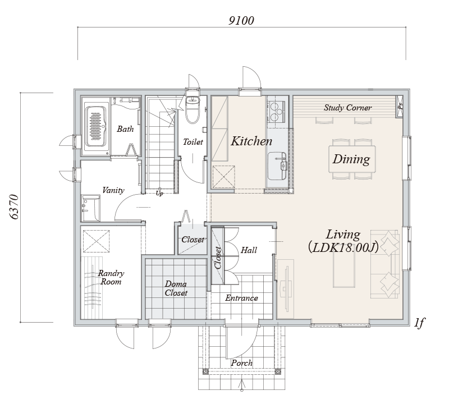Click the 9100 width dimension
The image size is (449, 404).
[x=241, y=21]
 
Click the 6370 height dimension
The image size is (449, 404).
[x=14, y=207]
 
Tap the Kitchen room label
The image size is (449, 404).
[x=251, y=141]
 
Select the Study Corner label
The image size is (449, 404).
[x=347, y=108]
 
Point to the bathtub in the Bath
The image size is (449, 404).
[x=95, y=126]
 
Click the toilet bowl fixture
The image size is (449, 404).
[x=192, y=109]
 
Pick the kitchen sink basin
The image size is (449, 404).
[x=277, y=166]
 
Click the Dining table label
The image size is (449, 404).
[x=351, y=159]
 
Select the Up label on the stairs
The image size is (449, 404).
[x=159, y=193]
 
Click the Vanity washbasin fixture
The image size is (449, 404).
[x=90, y=208]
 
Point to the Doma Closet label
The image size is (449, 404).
[x=176, y=288]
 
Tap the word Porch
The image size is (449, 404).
[x=242, y=363]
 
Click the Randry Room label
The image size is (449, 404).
[x=111, y=277]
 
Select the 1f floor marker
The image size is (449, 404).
[x=419, y=323]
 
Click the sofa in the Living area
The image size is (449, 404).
[x=385, y=264]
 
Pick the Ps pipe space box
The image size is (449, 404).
[x=400, y=106]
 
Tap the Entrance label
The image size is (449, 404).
[x=241, y=298]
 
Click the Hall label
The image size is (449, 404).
[x=249, y=250]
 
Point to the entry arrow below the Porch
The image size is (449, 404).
[x=242, y=385]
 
